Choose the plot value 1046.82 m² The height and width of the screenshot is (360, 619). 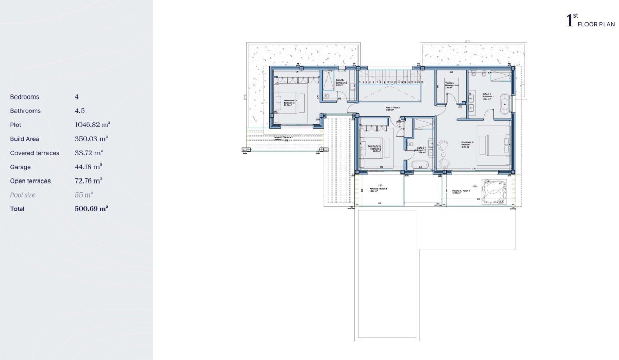[93, 125]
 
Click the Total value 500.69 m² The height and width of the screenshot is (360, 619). [91, 209]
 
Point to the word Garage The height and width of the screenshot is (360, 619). [21, 167]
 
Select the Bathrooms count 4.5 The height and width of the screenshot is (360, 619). [79, 111]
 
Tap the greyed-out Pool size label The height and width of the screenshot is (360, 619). [23, 195]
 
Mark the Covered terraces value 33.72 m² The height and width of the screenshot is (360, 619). [89, 153]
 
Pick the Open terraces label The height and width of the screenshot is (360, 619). [30, 181]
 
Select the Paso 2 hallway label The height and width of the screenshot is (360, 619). [393, 109]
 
